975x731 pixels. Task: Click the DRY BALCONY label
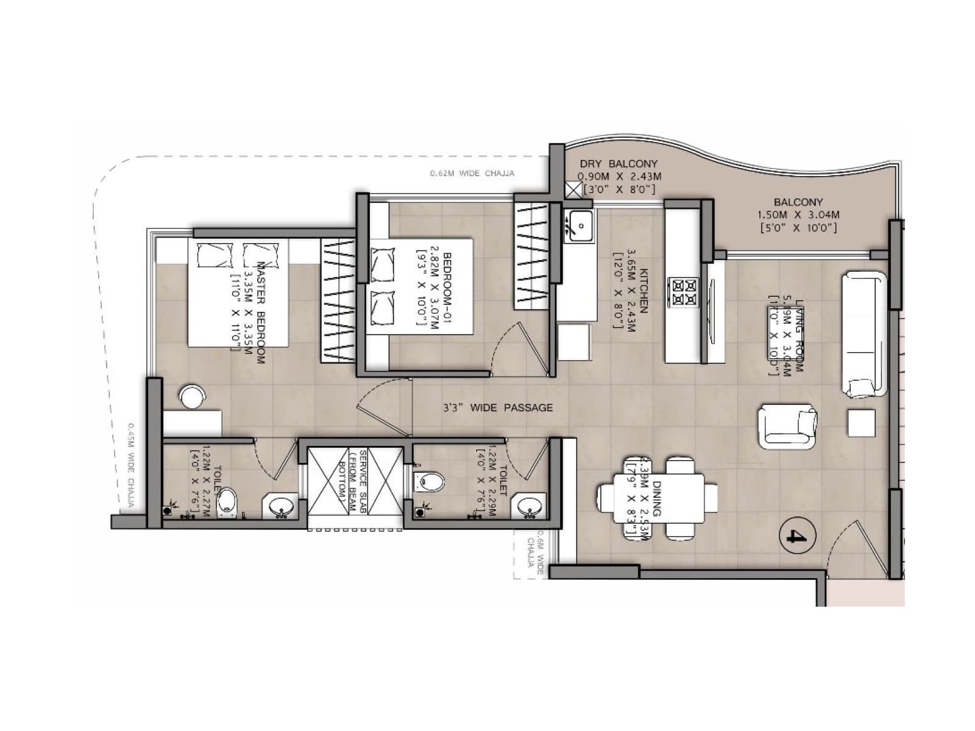(x=619, y=164)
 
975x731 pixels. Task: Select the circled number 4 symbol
(x=798, y=535)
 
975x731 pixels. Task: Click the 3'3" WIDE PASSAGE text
(x=498, y=408)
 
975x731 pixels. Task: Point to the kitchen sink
(x=578, y=225)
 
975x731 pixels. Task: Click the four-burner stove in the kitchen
(x=683, y=292)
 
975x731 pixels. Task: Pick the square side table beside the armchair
(x=861, y=423)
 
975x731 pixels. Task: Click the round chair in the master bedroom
(x=193, y=397)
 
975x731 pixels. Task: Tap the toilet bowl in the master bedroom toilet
(x=227, y=501)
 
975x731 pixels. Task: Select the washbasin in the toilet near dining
(x=530, y=506)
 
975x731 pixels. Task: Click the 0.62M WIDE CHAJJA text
(x=472, y=174)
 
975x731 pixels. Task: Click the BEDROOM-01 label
(x=448, y=284)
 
